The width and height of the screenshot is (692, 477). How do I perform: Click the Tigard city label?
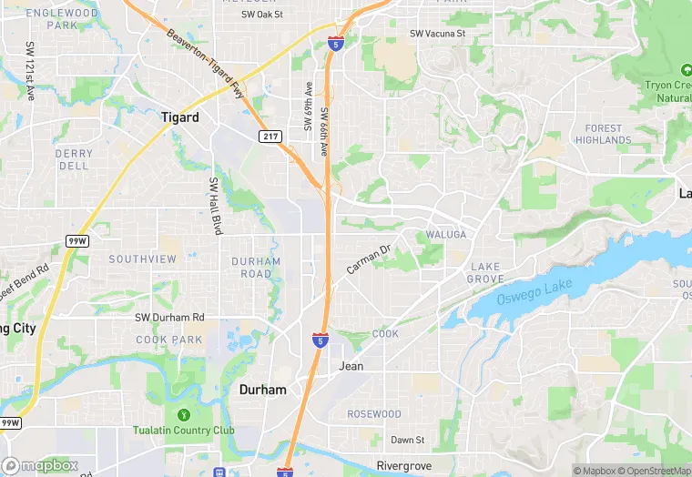(179, 117)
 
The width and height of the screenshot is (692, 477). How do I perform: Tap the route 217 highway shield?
(270, 137)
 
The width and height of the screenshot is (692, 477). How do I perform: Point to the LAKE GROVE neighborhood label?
(485, 272)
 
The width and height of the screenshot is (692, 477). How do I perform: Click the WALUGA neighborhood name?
(446, 235)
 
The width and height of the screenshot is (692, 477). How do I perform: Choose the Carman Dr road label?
(368, 259)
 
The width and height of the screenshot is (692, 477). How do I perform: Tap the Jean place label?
(351, 366)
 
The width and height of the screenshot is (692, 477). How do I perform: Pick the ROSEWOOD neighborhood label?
(374, 414)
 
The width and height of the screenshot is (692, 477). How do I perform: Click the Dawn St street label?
(407, 440)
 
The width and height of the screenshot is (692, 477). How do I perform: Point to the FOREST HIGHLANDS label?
(604, 135)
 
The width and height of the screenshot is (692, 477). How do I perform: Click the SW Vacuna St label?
(437, 34)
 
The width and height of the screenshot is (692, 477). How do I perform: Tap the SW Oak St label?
(262, 15)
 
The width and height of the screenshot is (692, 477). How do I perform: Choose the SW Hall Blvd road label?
(218, 207)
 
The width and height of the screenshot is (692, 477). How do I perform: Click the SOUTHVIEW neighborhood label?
(143, 259)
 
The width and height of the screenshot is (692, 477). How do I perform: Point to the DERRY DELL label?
(74, 160)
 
